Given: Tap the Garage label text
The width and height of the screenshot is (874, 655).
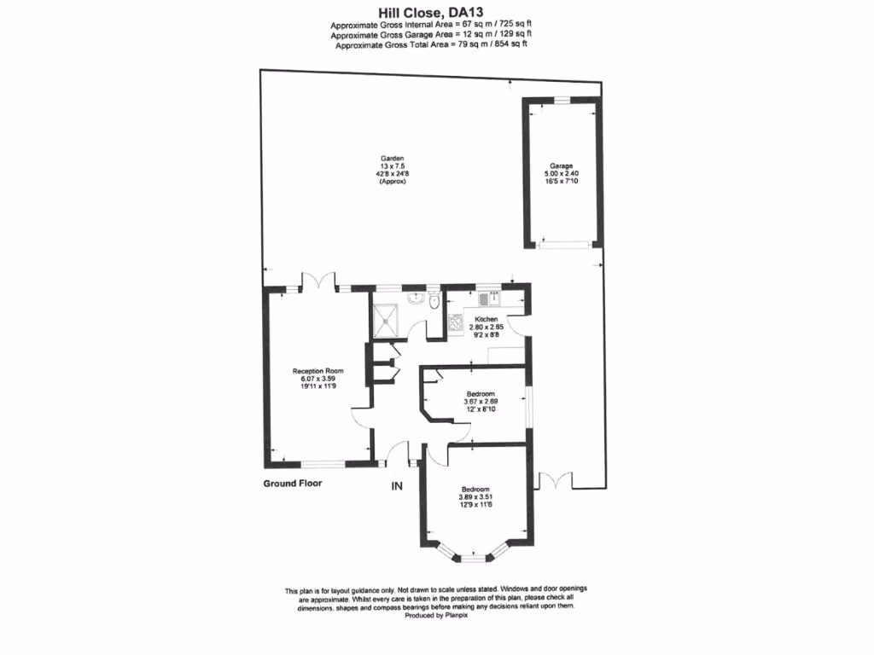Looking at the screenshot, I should pos(561,166).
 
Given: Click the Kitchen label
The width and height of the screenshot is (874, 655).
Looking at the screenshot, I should pos(486,319).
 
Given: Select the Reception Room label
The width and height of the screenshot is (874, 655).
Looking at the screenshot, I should pos(318,371).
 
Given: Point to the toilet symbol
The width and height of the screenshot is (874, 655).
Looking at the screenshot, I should pos(435,302).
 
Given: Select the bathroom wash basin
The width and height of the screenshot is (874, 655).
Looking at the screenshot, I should pos(416,299).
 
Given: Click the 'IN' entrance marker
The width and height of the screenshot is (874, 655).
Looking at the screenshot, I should pos(396,487).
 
